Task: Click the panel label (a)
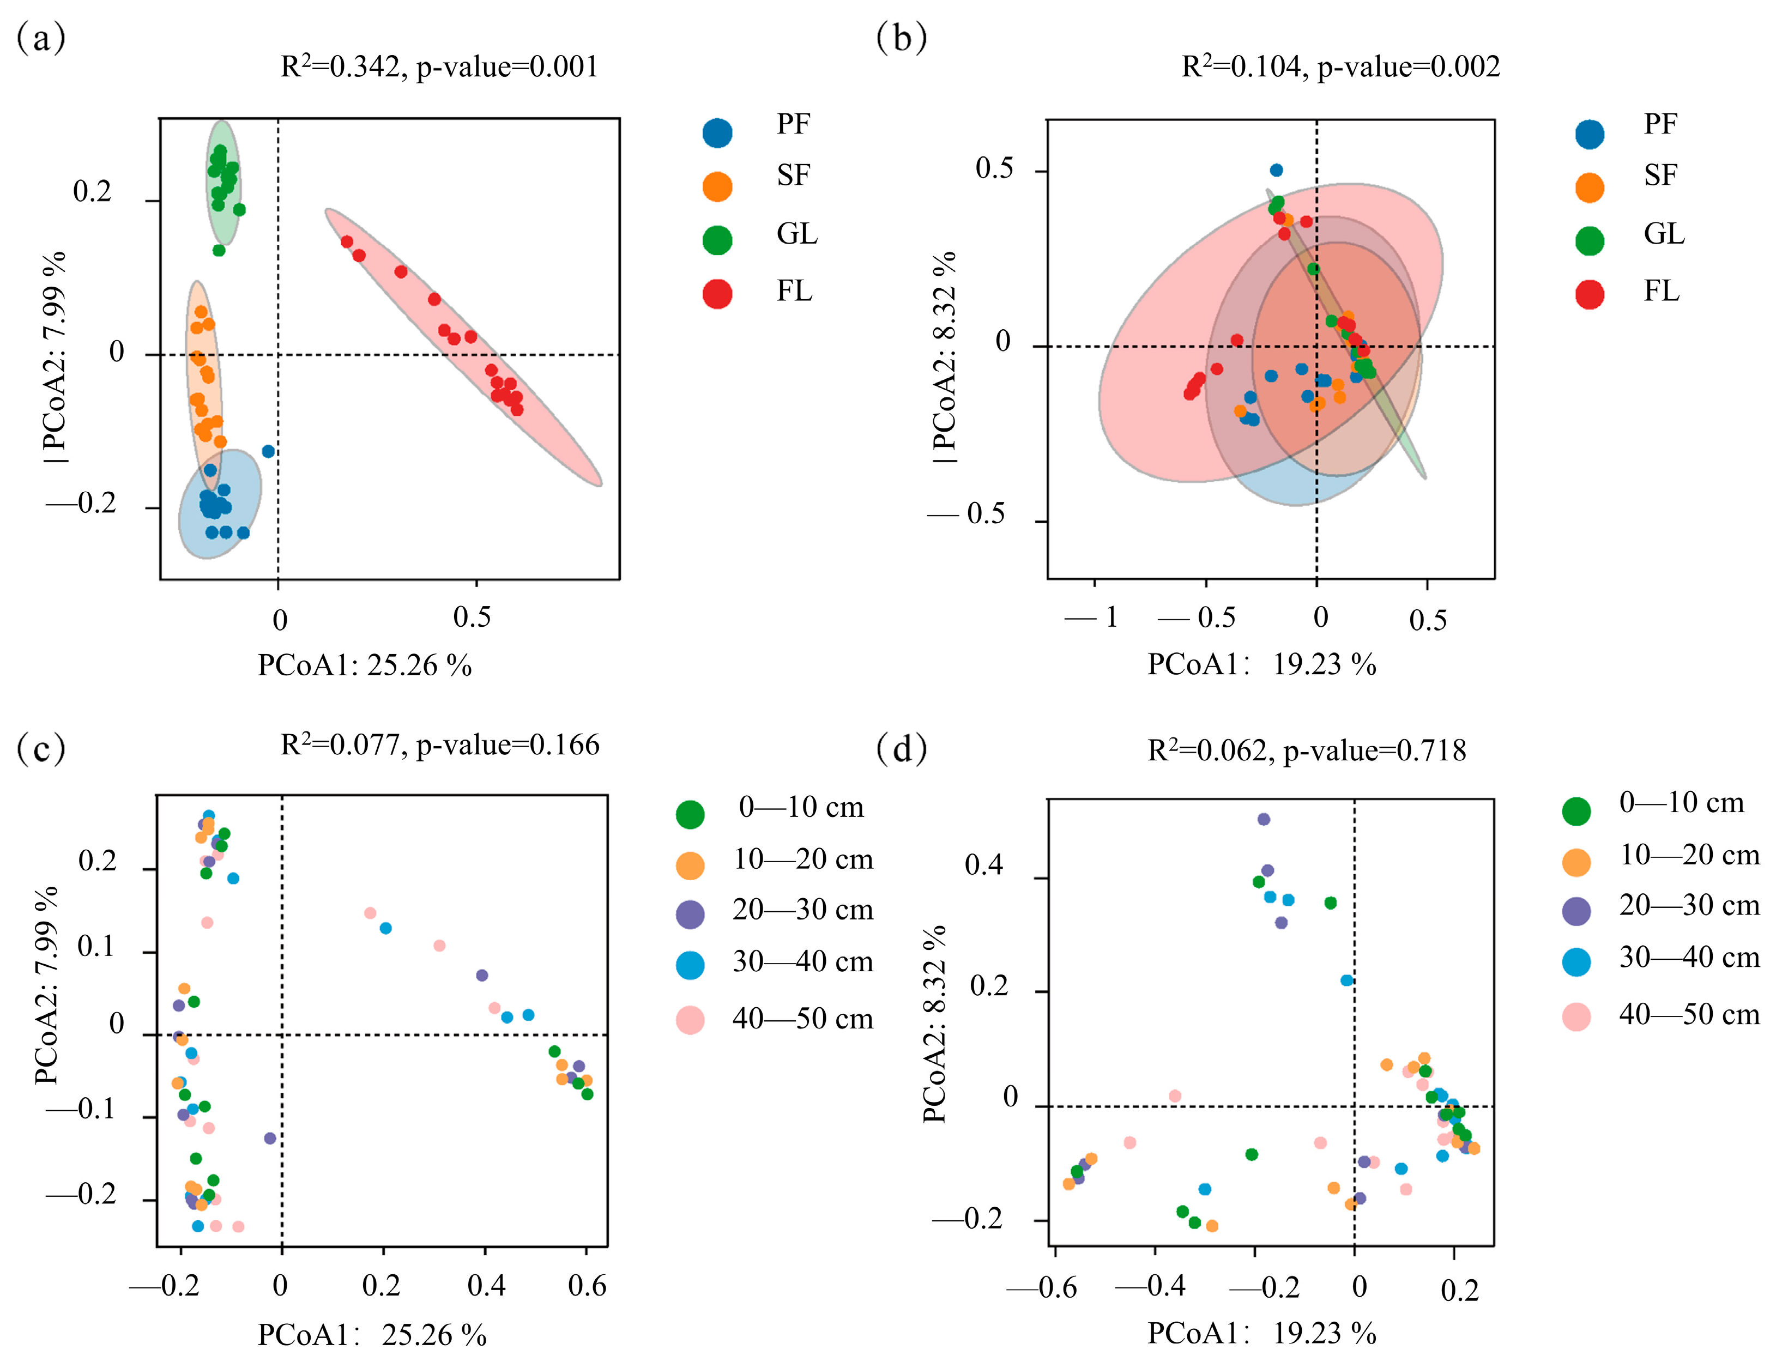pyautogui.click(x=41, y=38)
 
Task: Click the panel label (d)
pyautogui.click(x=901, y=748)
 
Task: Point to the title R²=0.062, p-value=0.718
pyautogui.click(x=1306, y=750)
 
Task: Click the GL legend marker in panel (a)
pyautogui.click(x=717, y=239)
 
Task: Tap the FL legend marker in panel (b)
pyautogui.click(x=1589, y=294)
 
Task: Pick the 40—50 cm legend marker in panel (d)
pyautogui.click(x=1576, y=1017)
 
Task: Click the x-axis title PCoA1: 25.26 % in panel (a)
pyautogui.click(x=364, y=665)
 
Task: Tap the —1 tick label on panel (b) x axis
pyautogui.click(x=1091, y=617)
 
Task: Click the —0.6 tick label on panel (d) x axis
pyautogui.click(x=1042, y=1288)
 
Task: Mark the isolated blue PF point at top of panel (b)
pyautogui.click(x=1276, y=170)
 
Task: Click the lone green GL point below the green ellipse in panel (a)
pyautogui.click(x=218, y=250)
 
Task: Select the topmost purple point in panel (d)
pyautogui.click(x=1263, y=819)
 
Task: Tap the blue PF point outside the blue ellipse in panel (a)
pyautogui.click(x=268, y=451)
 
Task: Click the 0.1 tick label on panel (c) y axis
pyautogui.click(x=96, y=947)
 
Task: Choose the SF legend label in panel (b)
pyautogui.click(x=1660, y=175)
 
